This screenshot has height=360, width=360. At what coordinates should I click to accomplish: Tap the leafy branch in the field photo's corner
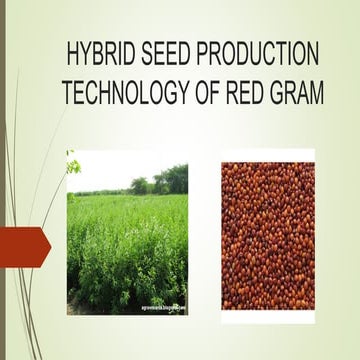click(x=72, y=164)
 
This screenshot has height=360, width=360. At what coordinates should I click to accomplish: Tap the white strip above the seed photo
click(x=267, y=155)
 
